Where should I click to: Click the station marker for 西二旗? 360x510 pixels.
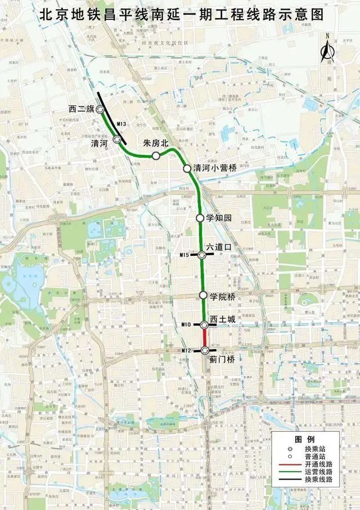[100, 110]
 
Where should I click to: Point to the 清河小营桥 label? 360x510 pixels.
[215, 167]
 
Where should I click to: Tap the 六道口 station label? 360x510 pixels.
[219, 246]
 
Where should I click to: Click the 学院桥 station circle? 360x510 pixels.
[203, 295]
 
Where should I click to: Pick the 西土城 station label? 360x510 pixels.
[222, 318]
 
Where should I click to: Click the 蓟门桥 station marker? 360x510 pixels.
[204, 351]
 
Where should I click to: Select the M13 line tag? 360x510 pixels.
[119, 123]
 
